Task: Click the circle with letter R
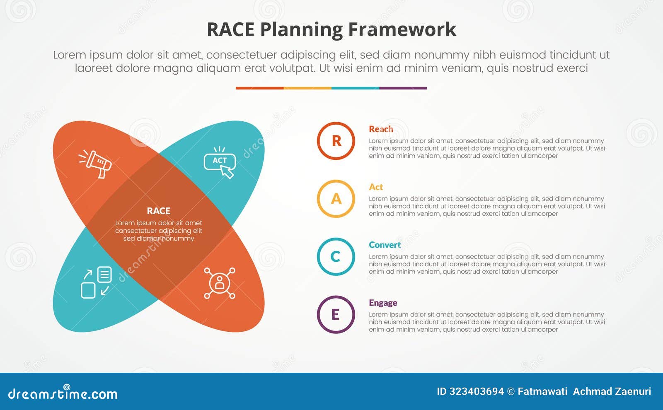point(336,141)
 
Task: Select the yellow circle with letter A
point(336,199)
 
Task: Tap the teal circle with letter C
point(336,257)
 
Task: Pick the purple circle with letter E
point(336,315)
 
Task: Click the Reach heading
point(381,129)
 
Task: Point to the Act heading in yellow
point(376,187)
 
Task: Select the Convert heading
point(385,245)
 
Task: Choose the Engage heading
point(383,303)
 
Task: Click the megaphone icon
point(96,164)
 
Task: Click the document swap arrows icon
point(96,282)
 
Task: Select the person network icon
point(220,283)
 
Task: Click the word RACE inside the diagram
point(159,211)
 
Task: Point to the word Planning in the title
point(301,30)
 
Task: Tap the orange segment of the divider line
point(259,88)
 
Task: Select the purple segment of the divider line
point(403,88)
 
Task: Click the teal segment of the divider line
point(355,88)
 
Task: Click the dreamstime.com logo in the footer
point(63,393)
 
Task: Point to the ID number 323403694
point(477,391)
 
